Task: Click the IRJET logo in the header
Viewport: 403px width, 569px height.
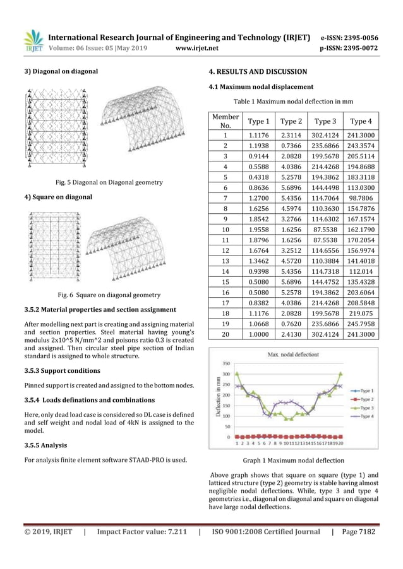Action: (x=33, y=40)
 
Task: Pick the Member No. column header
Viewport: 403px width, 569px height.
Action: (x=226, y=121)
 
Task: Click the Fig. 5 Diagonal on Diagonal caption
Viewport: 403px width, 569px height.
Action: (x=102, y=183)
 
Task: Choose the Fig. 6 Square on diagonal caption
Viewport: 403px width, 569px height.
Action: (x=102, y=295)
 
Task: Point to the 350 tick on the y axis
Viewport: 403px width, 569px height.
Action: (x=225, y=363)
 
